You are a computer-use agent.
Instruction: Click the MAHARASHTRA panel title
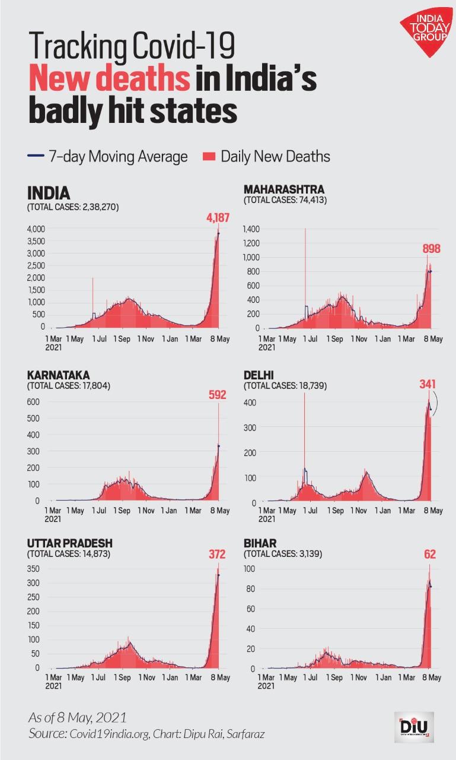[x=284, y=189]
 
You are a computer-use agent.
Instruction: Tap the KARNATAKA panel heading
[x=58, y=375]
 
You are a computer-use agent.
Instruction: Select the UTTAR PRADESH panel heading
[x=69, y=543]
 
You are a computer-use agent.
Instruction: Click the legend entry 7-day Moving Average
[x=109, y=157]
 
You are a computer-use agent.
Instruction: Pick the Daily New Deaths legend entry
[x=267, y=157]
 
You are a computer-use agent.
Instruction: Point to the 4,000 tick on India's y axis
[x=36, y=229]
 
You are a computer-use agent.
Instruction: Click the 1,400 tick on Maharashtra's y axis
[x=251, y=229]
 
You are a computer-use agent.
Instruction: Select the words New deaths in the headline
[x=109, y=80]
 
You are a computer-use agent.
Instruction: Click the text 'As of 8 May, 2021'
[x=78, y=717]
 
